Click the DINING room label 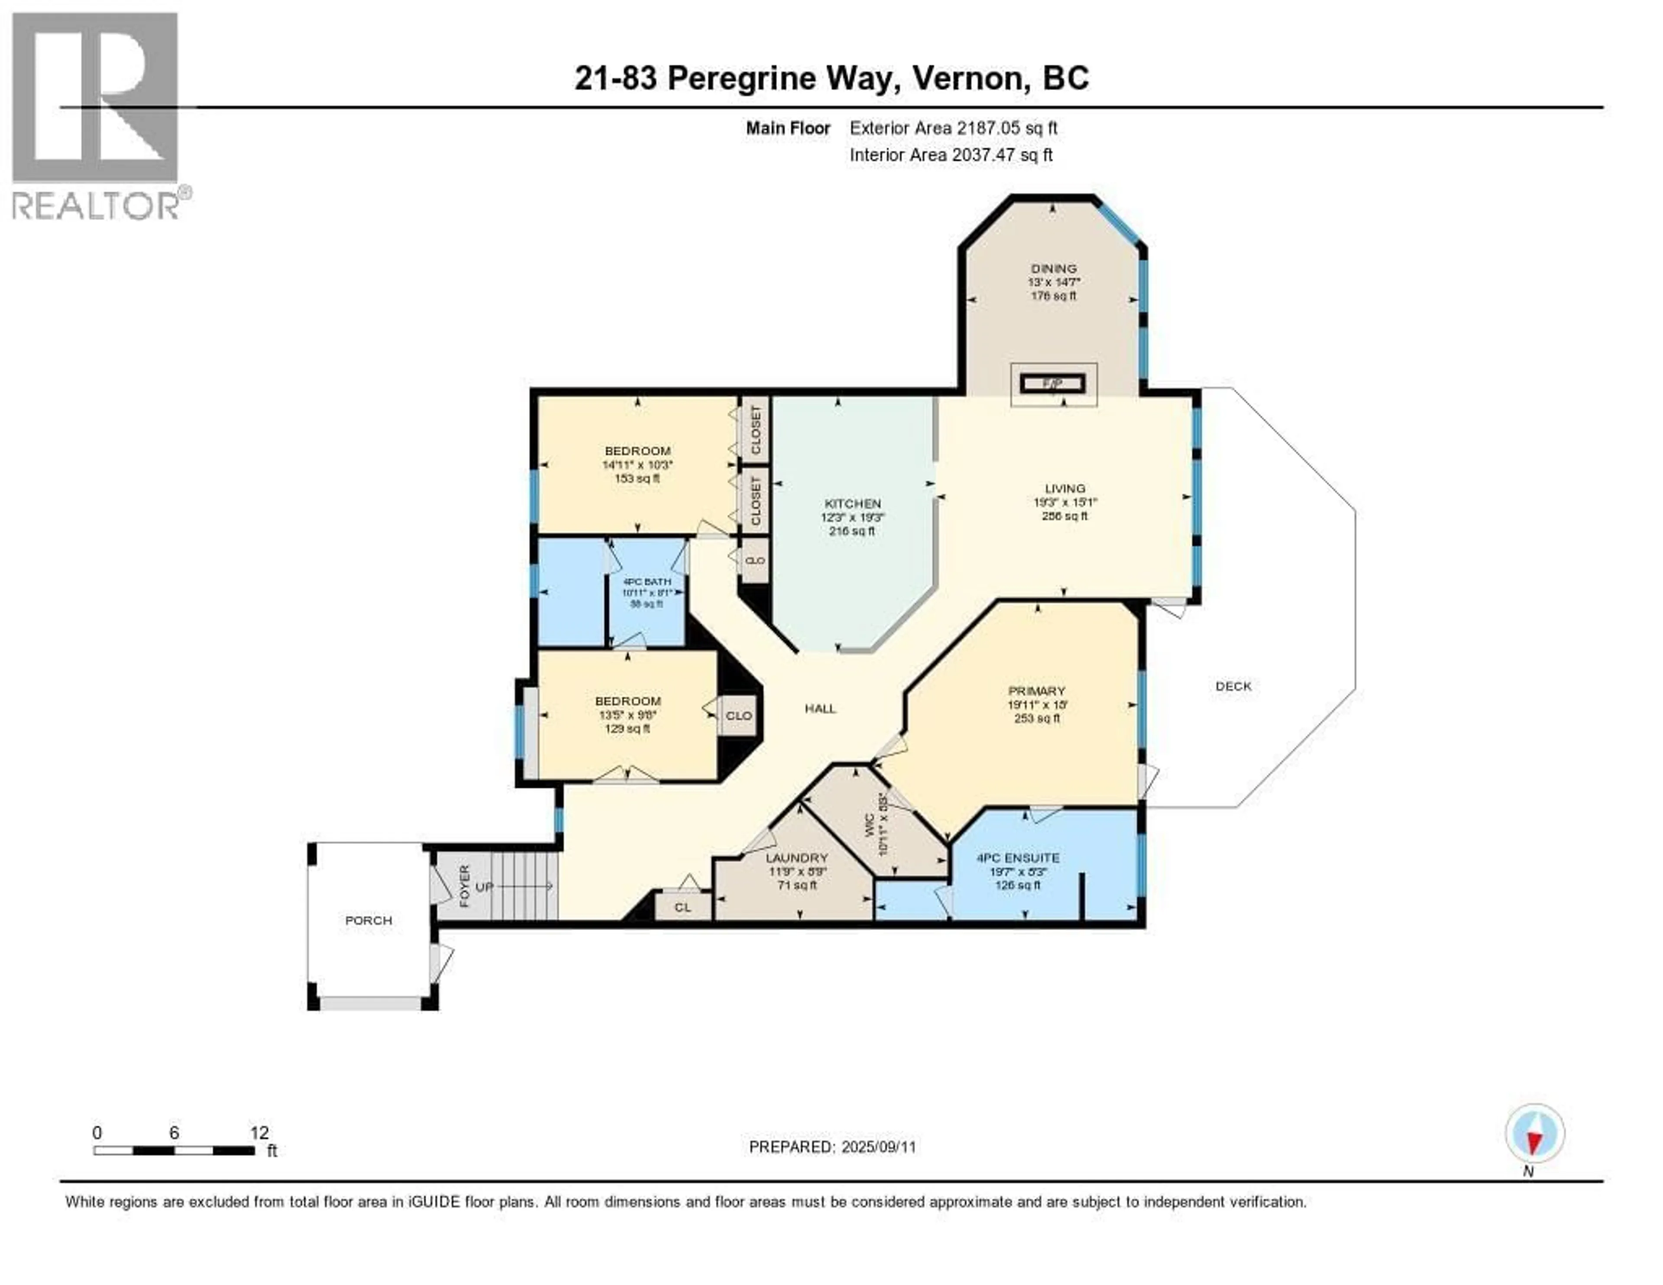click(x=1054, y=268)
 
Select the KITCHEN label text click(x=852, y=503)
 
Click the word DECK click(x=1233, y=685)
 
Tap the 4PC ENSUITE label click(x=1018, y=858)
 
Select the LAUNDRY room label click(x=796, y=858)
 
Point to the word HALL click(x=820, y=708)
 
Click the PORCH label click(x=369, y=920)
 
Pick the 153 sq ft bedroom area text click(x=637, y=478)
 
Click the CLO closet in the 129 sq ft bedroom click(x=738, y=715)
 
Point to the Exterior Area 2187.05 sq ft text click(x=953, y=128)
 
